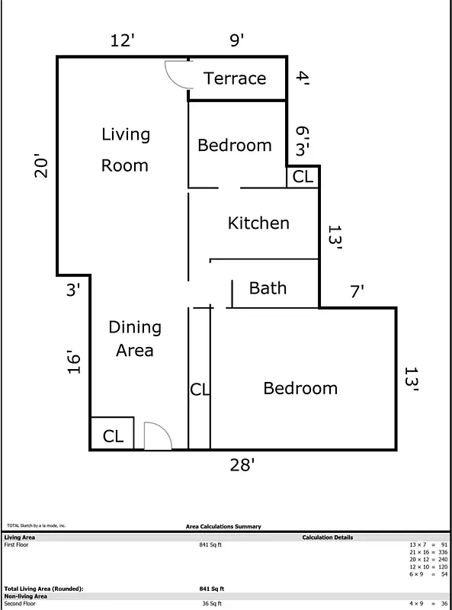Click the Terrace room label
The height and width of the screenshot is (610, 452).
click(x=235, y=79)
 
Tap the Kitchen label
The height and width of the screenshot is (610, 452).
click(x=258, y=223)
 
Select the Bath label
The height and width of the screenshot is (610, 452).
click(x=268, y=288)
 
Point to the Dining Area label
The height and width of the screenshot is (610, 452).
click(x=135, y=339)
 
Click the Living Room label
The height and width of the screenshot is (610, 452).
click(x=125, y=149)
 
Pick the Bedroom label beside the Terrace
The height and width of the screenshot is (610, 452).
click(x=235, y=145)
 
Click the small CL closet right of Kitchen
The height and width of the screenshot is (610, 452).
click(x=303, y=177)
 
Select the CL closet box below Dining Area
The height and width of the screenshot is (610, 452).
click(x=113, y=436)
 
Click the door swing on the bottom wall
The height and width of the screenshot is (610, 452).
click(x=158, y=437)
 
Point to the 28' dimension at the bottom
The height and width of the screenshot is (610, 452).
click(x=242, y=465)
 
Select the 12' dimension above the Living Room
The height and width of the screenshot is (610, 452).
click(x=123, y=40)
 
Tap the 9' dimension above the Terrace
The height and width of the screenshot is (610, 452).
click(x=236, y=40)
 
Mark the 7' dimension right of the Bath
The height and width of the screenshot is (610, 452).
click(x=357, y=291)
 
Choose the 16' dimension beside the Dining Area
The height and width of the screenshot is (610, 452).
click(x=73, y=362)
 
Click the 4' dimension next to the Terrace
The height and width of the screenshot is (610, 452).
click(x=303, y=78)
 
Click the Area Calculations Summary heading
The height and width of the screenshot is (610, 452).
click(x=223, y=526)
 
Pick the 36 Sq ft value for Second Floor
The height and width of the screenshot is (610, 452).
click(x=211, y=603)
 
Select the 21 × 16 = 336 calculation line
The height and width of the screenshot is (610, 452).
click(x=428, y=552)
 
